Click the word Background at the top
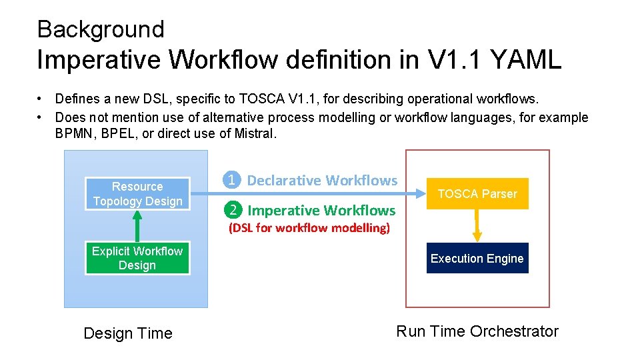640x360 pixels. (101, 29)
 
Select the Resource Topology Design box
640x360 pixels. (137, 194)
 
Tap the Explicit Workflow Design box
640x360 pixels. (137, 258)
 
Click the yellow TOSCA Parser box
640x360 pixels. (477, 194)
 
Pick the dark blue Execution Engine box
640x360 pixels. (477, 259)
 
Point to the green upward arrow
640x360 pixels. (137, 225)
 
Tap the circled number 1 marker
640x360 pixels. (231, 180)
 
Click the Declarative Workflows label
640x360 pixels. (322, 180)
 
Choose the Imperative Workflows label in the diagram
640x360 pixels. (321, 211)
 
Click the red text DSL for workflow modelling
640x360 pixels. (309, 228)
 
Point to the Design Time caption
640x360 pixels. (128, 333)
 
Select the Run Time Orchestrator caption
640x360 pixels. (477, 331)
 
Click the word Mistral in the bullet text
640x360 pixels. (253, 133)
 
